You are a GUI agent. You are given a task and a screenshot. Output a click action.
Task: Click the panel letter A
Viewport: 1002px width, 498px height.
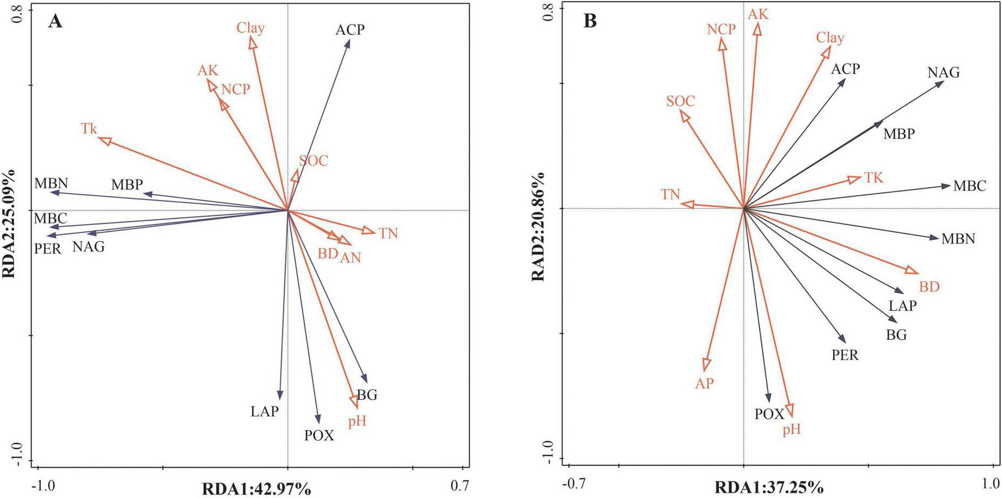click(x=55, y=22)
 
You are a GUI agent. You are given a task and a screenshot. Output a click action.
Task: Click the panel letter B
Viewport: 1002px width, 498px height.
click(x=590, y=22)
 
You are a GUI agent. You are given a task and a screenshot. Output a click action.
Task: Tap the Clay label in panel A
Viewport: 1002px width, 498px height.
click(x=250, y=28)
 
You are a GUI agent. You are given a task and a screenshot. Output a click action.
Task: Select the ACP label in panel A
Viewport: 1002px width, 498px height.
click(x=350, y=29)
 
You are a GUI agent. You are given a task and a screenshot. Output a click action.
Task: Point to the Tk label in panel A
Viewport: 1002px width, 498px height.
click(x=89, y=128)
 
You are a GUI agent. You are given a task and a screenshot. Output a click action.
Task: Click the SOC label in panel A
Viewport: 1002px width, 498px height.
click(x=313, y=161)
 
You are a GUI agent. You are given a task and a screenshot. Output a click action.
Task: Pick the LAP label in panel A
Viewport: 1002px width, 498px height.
click(x=265, y=411)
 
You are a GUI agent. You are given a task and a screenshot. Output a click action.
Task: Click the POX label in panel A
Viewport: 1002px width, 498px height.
click(x=319, y=435)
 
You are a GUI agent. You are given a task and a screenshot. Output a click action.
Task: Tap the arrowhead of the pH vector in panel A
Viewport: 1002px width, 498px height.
click(x=355, y=402)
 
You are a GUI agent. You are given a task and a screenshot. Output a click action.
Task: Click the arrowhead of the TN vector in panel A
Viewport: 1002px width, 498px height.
click(x=369, y=231)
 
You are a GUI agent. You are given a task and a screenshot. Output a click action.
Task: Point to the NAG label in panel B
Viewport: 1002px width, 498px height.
click(x=943, y=72)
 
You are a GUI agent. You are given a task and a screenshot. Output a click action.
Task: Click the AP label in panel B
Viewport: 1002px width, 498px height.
click(x=704, y=383)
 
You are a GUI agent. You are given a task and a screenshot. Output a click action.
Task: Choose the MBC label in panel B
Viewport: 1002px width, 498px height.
click(x=969, y=186)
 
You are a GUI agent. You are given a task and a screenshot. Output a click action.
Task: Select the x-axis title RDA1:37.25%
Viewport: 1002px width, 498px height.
click(x=769, y=487)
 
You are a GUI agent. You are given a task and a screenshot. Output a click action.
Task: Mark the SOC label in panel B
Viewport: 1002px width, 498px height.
click(x=680, y=101)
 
